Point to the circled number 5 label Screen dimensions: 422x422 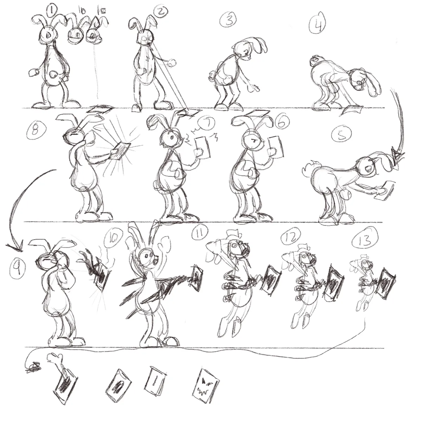[x=340, y=135]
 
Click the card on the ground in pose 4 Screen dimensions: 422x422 [x=352, y=110]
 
